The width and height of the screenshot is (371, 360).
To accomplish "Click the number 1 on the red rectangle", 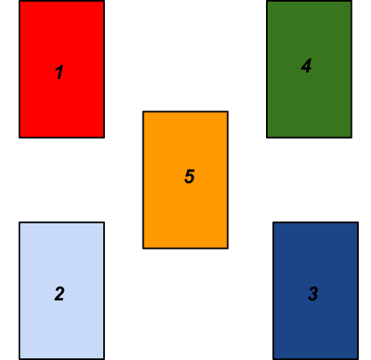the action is pos(59,72).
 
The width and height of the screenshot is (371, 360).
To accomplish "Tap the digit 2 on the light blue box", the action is pos(59,293).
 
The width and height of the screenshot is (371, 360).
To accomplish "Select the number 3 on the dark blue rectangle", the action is pos(313,293).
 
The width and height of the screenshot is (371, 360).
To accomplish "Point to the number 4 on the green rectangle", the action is pos(306,66).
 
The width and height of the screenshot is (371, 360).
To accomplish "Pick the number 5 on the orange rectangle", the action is pos(190,176).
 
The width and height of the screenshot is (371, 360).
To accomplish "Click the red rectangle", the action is pos(62,69).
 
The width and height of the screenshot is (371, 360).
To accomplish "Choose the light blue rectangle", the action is pos(62,291).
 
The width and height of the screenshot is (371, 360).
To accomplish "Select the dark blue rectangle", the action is pos(316,291).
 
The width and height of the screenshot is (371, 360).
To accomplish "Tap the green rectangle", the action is pos(309,69).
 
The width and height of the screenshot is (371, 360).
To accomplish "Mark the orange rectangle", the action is pos(185,180).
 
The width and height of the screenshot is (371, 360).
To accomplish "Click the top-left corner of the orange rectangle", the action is pos(143,111).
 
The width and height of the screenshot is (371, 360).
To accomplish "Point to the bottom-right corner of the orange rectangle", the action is pos(228,249).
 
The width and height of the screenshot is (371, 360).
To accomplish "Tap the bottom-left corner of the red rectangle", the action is pos(19,138).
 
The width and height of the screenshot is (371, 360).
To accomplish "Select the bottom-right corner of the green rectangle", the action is pos(352,138).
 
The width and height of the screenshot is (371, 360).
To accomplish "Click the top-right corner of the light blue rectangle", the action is pos(104,222).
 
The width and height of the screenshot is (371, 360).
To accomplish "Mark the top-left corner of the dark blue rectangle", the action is pos(273,222).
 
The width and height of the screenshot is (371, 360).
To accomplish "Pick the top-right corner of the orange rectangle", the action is pos(228,111).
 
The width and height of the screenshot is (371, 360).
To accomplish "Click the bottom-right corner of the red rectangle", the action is pos(104,138).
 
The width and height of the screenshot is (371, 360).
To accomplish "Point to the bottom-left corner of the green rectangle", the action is pos(267,138).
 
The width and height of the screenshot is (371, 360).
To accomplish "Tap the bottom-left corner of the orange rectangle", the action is pos(143,249).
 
